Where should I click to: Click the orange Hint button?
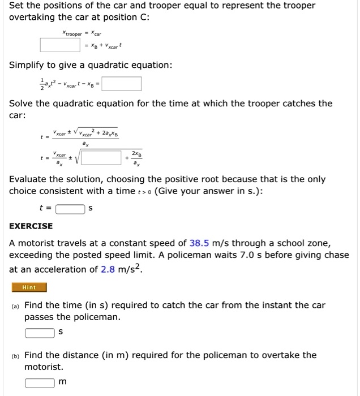[28, 287]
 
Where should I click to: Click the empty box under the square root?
[104, 158]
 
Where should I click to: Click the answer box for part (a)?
[40, 332]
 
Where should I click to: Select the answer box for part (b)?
[40, 382]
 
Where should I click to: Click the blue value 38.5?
[200, 243]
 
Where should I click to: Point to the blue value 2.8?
[108, 269]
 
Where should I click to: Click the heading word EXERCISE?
[31, 226]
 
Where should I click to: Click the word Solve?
[20, 104]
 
